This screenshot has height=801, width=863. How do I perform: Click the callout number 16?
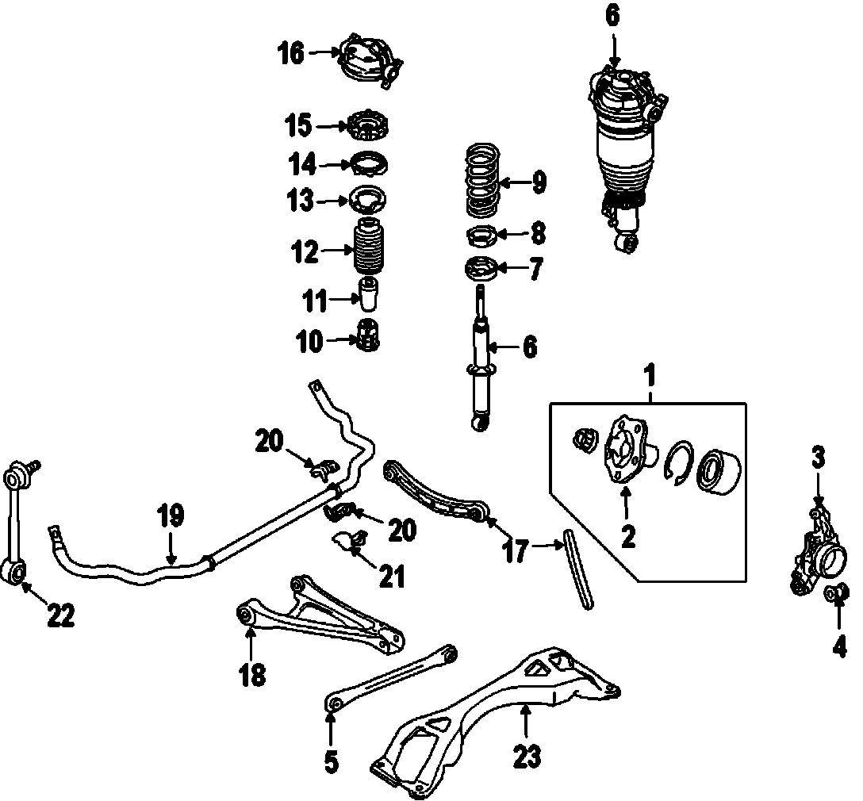291,53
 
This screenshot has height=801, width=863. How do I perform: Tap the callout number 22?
59,615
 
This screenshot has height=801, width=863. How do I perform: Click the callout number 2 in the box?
627,535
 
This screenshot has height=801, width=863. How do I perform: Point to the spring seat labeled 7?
481,268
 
